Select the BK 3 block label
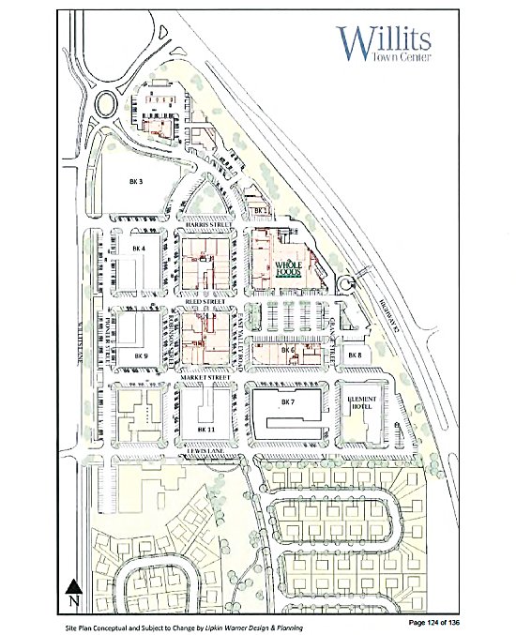[135, 181]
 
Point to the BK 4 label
[139, 248]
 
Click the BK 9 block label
[141, 356]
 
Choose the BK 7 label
[287, 401]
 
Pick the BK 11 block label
[206, 429]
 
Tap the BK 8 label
[354, 355]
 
